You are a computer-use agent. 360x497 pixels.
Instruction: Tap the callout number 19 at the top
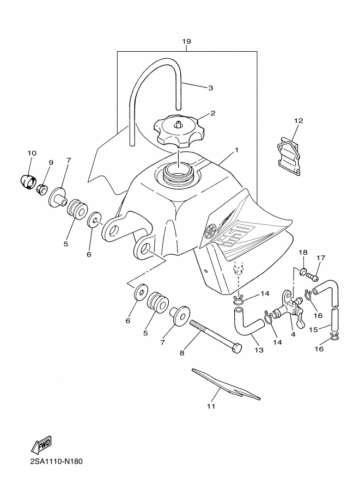pyautogui.click(x=186, y=41)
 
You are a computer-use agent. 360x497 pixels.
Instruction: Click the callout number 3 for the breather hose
pyautogui.click(x=211, y=87)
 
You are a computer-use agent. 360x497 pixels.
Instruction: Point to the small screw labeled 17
pyautogui.click(x=313, y=278)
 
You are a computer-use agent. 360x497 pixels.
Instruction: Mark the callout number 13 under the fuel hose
pyautogui.click(x=259, y=350)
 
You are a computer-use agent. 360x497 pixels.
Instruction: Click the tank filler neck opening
pyautogui.click(x=179, y=174)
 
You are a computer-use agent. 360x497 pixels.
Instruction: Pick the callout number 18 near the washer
pyautogui.click(x=303, y=253)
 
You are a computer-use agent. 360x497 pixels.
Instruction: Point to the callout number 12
pyautogui.click(x=298, y=120)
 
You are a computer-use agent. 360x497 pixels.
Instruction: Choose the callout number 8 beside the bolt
pyautogui.click(x=182, y=353)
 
